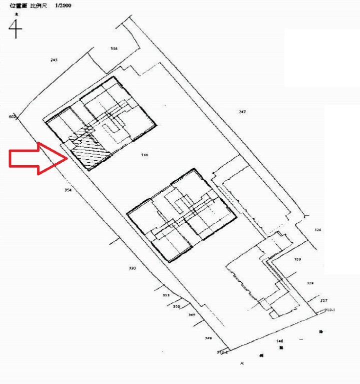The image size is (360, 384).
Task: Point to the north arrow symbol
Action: point(15,29)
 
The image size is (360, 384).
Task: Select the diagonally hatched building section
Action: point(90,151)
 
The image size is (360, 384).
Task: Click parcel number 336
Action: point(114,49)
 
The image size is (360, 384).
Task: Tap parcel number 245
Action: point(54,60)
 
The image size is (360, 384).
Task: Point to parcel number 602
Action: point(12,116)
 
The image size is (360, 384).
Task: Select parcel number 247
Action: point(242,112)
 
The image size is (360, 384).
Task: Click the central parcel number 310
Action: point(144,155)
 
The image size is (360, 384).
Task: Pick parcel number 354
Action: point(68,190)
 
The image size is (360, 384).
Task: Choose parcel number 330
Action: point(132,268)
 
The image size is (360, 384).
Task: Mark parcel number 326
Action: point(317,230)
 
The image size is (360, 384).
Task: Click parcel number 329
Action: point(297,259)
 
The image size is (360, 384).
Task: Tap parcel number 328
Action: point(310,283)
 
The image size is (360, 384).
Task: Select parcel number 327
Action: point(323,300)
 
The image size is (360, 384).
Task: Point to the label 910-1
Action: point(330,310)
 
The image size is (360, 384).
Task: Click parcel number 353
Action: point(166,295)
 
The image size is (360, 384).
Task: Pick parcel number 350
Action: point(176,306)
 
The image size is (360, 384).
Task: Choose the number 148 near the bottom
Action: point(280,341)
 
